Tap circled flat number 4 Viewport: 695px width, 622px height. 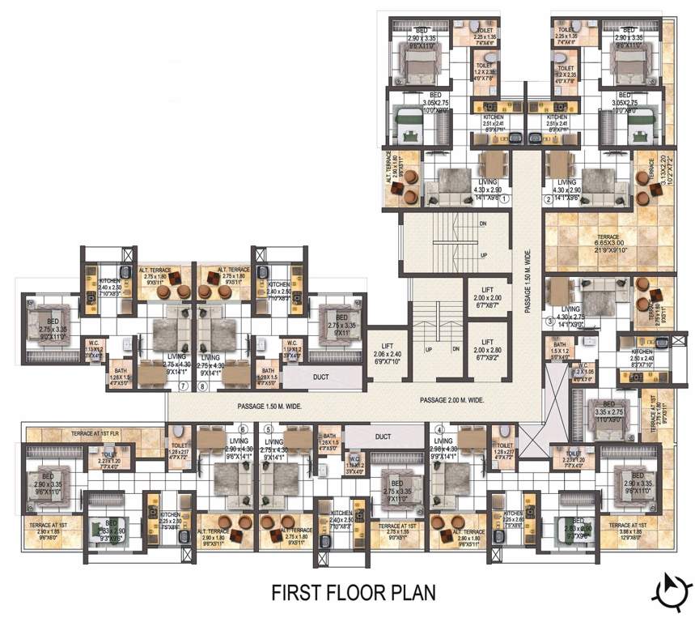click(x=438, y=430)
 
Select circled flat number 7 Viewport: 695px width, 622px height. click(x=183, y=386)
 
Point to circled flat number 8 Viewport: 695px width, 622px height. click(x=201, y=386)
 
